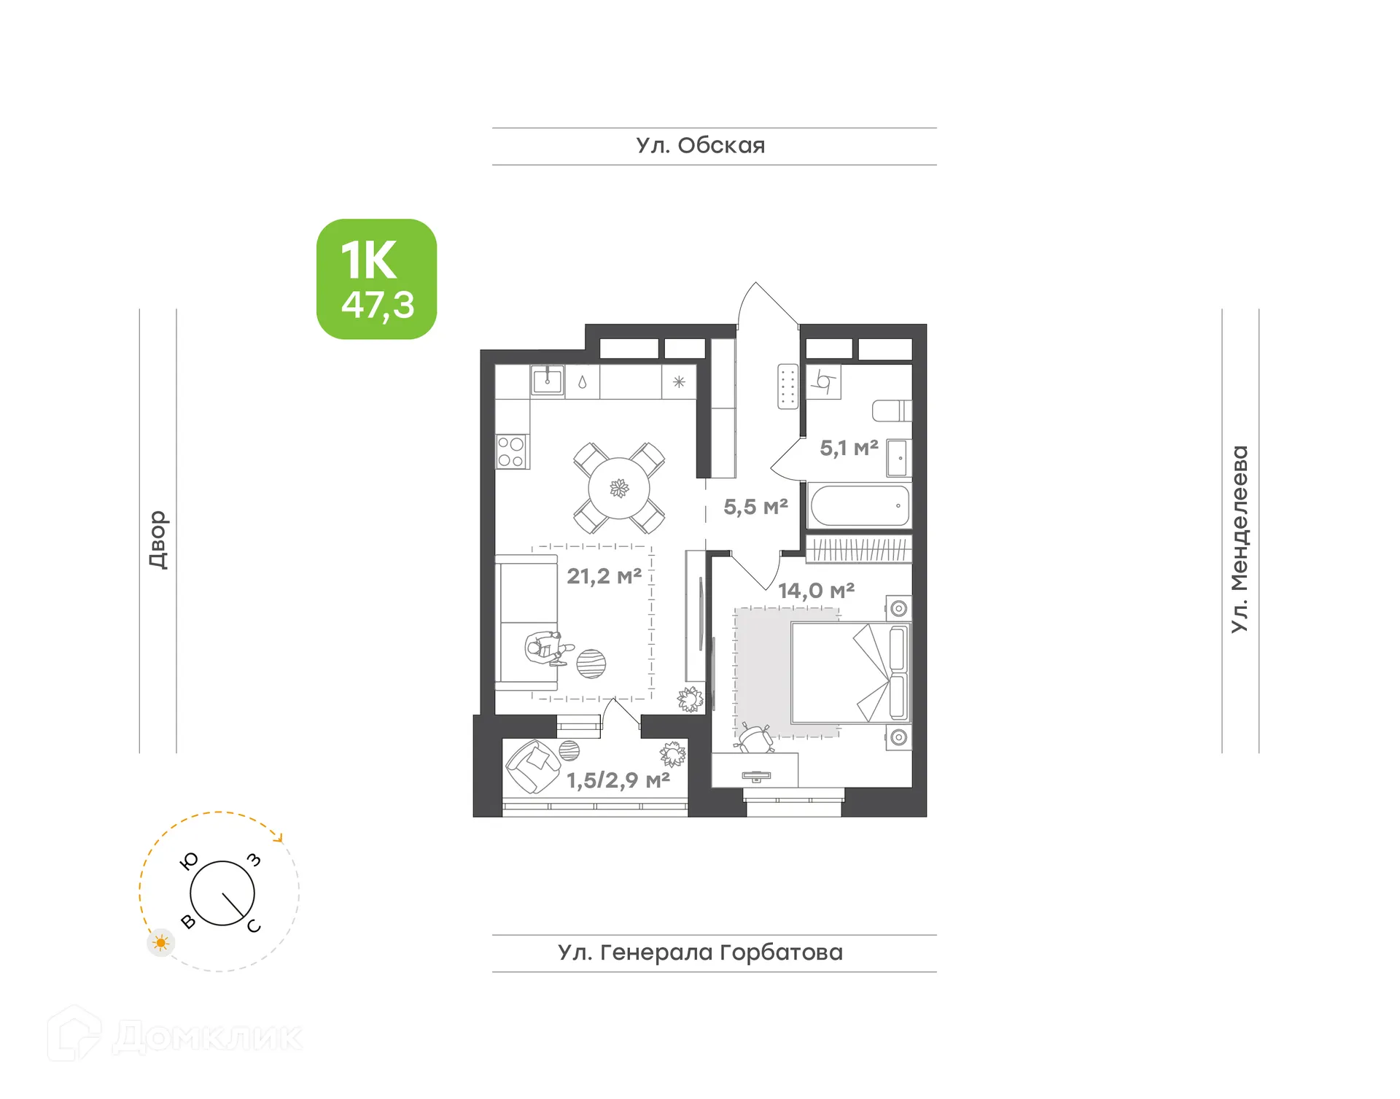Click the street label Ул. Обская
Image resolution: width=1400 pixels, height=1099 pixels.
[x=700, y=146]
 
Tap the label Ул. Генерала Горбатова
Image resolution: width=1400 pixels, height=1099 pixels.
[x=700, y=952]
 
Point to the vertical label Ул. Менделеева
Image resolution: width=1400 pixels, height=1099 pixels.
[x=1240, y=539]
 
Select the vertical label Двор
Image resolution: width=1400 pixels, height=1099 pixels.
[x=157, y=539]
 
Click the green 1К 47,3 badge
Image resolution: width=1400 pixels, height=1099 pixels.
[x=376, y=279]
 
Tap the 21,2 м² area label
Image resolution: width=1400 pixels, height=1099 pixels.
[x=604, y=576]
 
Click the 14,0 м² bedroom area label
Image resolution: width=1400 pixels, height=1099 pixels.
[x=815, y=590]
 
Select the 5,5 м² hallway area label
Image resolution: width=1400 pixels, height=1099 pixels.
[x=755, y=506]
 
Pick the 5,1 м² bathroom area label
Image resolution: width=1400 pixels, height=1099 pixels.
[x=848, y=448]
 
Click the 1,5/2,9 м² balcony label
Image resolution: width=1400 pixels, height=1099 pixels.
[x=618, y=780]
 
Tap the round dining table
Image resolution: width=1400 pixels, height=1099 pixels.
[x=618, y=488]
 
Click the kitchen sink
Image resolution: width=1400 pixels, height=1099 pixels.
[x=548, y=380]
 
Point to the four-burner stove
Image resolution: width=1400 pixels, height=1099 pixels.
[x=511, y=451]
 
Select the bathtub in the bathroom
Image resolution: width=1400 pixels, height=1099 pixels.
[x=859, y=505]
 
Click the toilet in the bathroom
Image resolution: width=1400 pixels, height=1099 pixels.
[x=891, y=411]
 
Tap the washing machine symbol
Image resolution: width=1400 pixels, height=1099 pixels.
[x=824, y=381]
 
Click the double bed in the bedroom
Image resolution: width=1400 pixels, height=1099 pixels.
[x=849, y=672]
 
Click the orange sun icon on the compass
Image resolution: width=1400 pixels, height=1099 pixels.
[x=160, y=943]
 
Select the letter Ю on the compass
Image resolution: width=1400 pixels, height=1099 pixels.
[x=189, y=861]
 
